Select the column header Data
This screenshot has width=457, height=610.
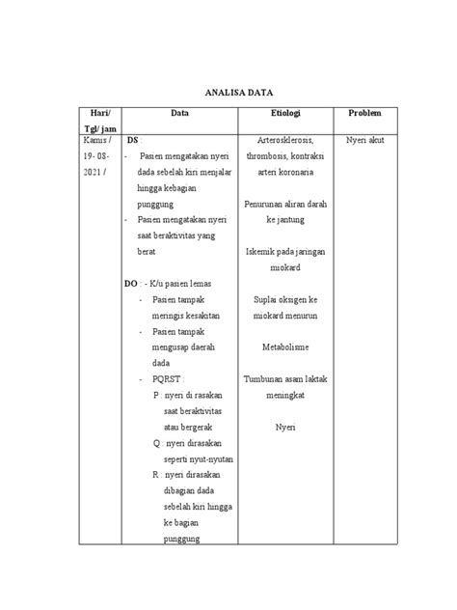tap(179, 113)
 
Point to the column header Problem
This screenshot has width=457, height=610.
tap(365, 113)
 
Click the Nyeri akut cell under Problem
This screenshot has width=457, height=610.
tap(365, 141)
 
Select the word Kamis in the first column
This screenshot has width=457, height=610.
tap(94, 141)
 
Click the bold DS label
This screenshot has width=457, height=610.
tap(133, 141)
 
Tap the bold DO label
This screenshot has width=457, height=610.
tap(131, 284)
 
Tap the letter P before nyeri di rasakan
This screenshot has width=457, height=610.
tap(156, 395)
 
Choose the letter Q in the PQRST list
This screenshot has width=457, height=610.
tap(156, 443)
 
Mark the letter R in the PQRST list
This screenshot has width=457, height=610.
tap(156, 475)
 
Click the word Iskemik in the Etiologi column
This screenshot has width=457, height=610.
tap(262, 252)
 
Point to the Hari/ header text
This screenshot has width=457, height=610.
tap(102, 113)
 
